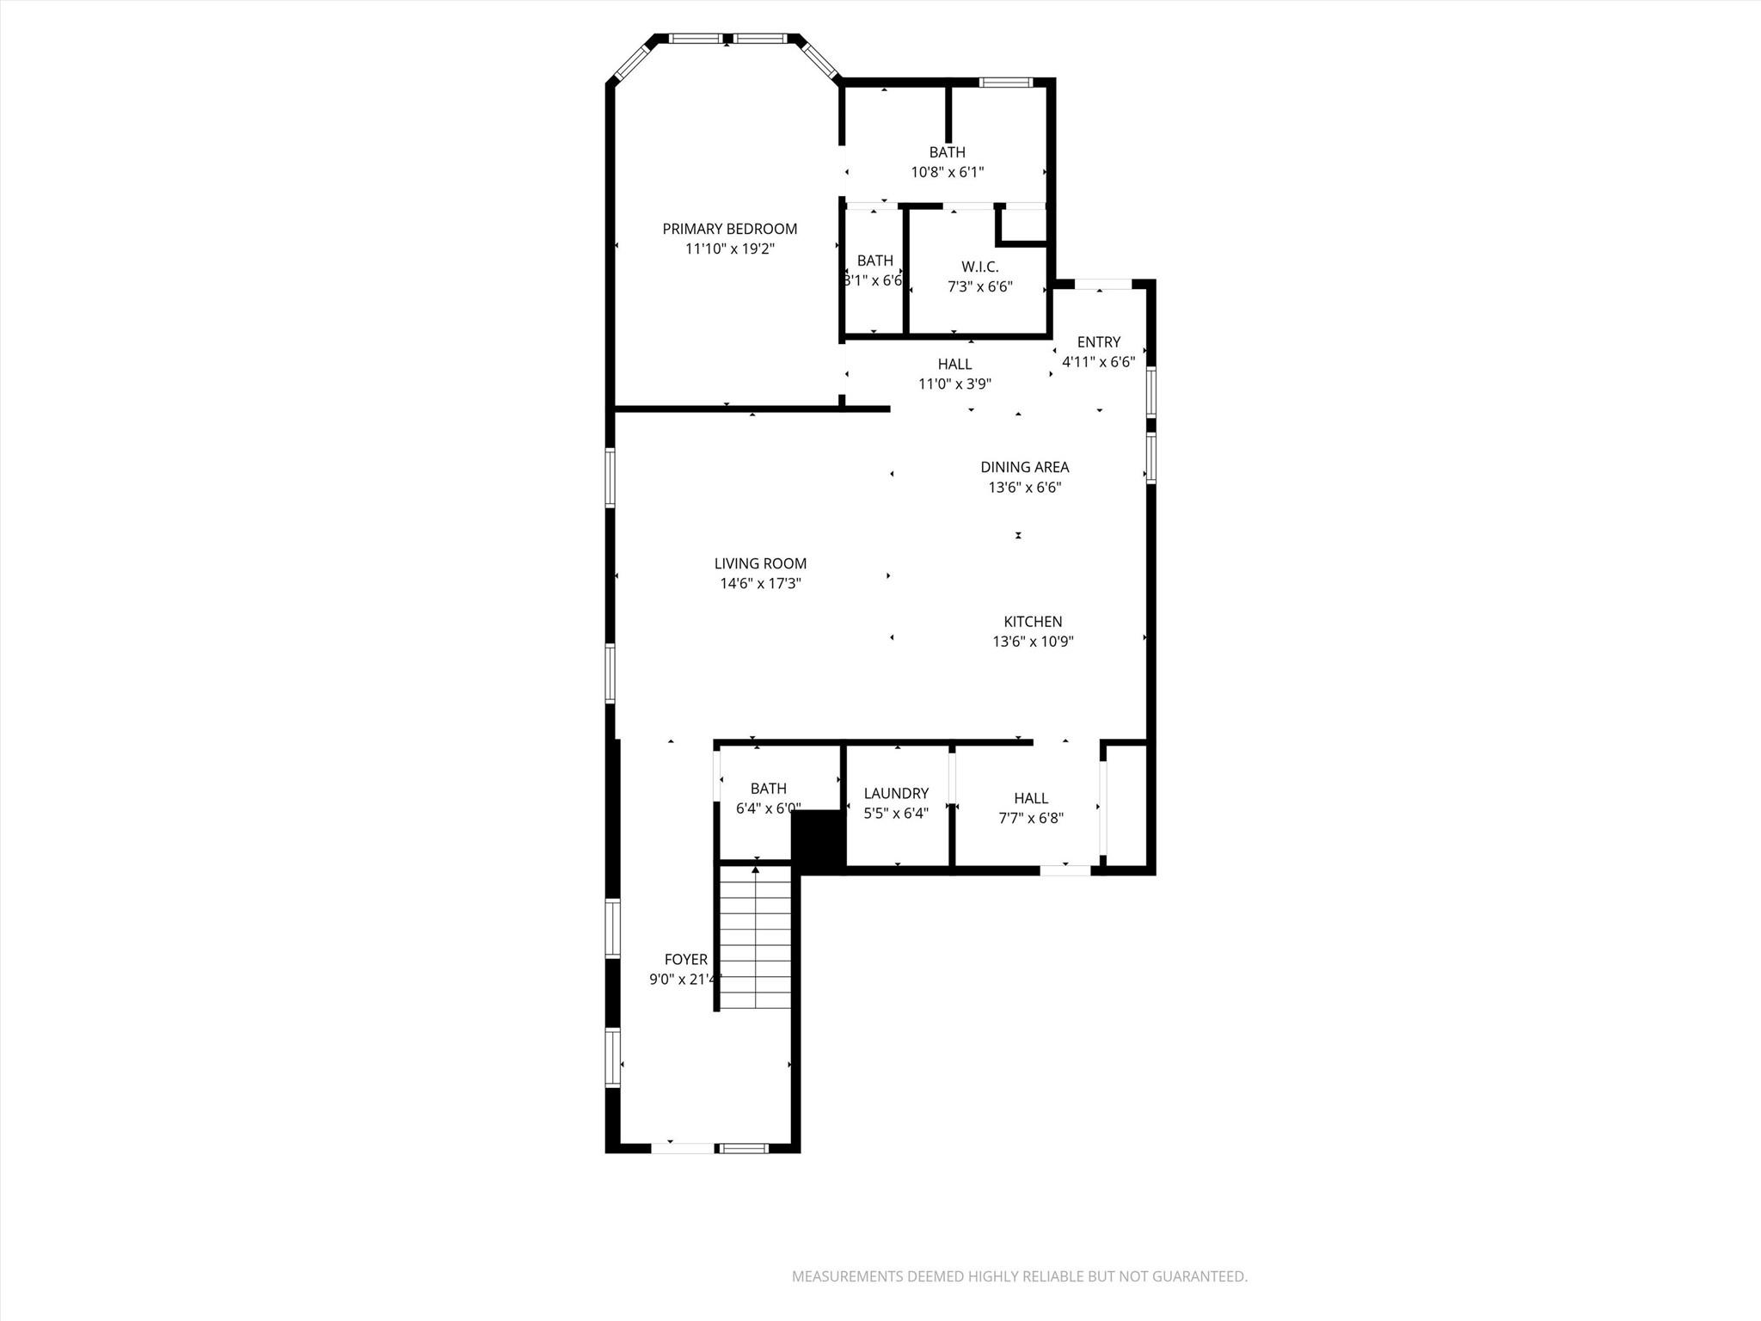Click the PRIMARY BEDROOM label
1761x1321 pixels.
[729, 229]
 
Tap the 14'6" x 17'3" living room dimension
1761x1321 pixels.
[760, 584]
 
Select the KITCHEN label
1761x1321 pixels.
[1033, 621]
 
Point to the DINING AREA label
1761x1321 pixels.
[1024, 467]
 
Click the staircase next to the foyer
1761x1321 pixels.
[755, 937]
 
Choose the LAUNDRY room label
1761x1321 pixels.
[896, 793]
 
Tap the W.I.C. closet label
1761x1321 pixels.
[979, 267]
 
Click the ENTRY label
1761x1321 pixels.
[1098, 341]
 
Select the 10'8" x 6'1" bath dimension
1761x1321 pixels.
[947, 172]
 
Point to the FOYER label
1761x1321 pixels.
[685, 959]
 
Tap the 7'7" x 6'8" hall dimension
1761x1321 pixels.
[1030, 818]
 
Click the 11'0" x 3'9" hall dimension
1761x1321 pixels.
[954, 384]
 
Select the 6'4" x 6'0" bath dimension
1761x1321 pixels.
[768, 808]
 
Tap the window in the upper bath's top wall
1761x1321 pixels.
[1005, 83]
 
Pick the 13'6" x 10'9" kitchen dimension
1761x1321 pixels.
[1033, 641]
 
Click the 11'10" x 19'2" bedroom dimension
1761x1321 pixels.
[729, 249]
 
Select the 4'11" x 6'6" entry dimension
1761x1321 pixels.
[1098, 362]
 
